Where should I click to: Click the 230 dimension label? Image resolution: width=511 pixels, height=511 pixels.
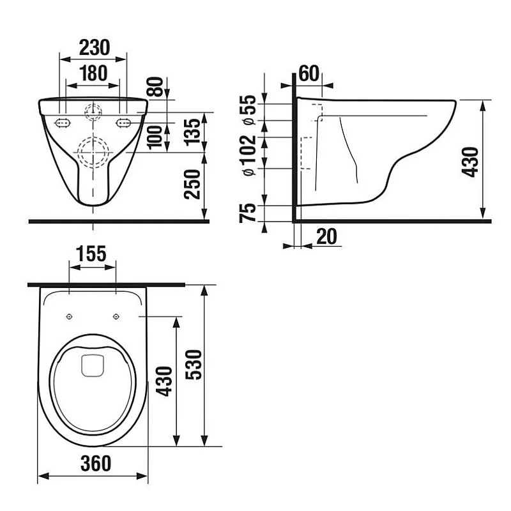[95, 47]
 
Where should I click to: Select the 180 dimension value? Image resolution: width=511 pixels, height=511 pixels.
[93, 73]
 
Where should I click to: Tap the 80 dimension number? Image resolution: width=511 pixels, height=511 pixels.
[155, 87]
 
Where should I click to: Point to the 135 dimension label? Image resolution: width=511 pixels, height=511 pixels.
[192, 132]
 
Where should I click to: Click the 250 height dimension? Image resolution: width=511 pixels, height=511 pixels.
[192, 184]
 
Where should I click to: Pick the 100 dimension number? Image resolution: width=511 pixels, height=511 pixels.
[155, 137]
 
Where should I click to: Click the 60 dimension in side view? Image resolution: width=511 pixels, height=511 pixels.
[309, 73]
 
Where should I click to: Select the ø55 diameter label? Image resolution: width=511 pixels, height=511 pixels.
[248, 109]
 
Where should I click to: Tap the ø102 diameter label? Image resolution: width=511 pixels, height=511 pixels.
[249, 155]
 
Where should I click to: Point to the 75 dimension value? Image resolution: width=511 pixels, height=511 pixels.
[248, 213]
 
